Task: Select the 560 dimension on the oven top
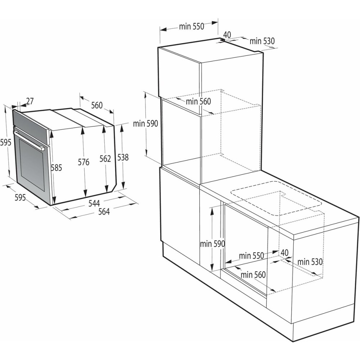(x=96, y=105)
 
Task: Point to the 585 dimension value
(x=57, y=167)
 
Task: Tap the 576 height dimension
(x=84, y=162)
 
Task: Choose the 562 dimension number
(x=105, y=159)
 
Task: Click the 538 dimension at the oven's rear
(x=123, y=157)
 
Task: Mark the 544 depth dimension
(x=94, y=203)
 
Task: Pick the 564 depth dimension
(x=104, y=212)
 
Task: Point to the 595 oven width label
(x=20, y=197)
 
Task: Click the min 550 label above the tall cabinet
(x=192, y=26)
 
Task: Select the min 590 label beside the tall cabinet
(x=145, y=123)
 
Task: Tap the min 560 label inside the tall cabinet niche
(x=198, y=102)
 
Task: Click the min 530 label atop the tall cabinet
(x=262, y=41)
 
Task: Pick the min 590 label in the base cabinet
(x=212, y=244)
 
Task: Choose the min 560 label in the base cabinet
(x=253, y=275)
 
